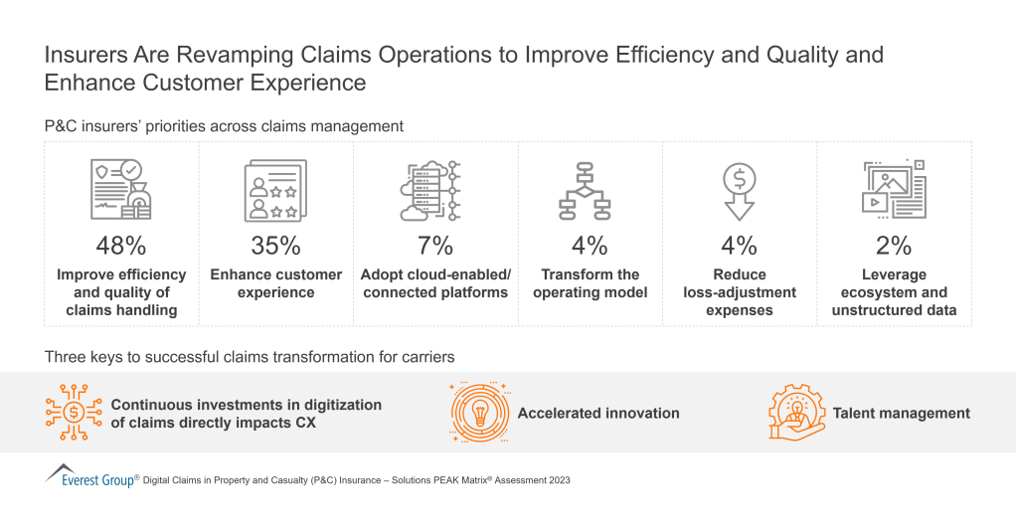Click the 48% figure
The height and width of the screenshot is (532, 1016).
pyautogui.click(x=120, y=246)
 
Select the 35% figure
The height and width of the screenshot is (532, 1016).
pyautogui.click(x=275, y=246)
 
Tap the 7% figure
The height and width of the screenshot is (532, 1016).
pyautogui.click(x=434, y=246)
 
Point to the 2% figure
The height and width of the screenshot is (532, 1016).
pyautogui.click(x=894, y=246)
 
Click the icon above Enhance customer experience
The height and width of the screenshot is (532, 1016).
pyautogui.click(x=275, y=190)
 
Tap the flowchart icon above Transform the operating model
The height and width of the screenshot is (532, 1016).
pyautogui.click(x=585, y=190)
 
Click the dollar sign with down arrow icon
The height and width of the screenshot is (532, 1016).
pyautogui.click(x=739, y=190)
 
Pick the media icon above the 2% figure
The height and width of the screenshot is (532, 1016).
pyautogui.click(x=893, y=190)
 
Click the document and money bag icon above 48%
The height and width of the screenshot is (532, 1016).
pyautogui.click(x=120, y=190)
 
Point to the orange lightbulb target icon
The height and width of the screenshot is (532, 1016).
pyautogui.click(x=479, y=413)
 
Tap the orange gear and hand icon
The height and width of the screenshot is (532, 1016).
pyautogui.click(x=796, y=413)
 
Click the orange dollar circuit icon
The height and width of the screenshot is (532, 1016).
pyautogui.click(x=74, y=413)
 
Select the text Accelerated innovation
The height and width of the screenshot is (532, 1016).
pyautogui.click(x=598, y=413)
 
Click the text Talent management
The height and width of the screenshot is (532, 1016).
pyautogui.click(x=901, y=413)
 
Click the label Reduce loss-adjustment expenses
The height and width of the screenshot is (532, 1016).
pyautogui.click(x=739, y=292)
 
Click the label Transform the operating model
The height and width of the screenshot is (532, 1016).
pyautogui.click(x=590, y=283)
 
